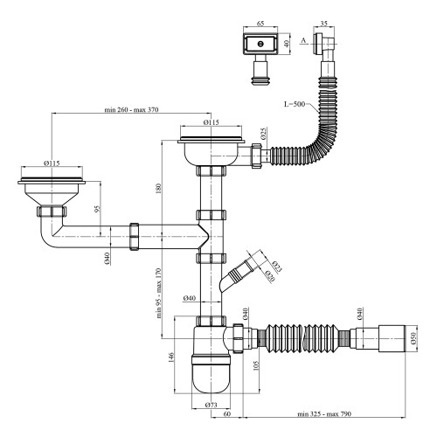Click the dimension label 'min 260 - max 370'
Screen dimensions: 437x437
click(131, 109)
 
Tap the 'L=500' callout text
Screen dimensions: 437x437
click(295, 104)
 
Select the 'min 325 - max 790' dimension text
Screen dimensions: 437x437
click(324, 413)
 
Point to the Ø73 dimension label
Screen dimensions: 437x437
click(211, 405)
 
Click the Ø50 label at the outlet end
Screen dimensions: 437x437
click(413, 339)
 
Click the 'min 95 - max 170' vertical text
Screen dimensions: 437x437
click(159, 293)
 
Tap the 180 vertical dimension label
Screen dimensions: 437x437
click(159, 188)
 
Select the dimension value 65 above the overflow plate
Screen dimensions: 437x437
click(260, 24)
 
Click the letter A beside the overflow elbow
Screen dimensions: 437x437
click(304, 40)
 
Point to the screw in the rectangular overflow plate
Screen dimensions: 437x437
click(260, 45)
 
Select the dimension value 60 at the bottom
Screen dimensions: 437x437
click(227, 413)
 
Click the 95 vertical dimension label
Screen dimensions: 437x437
click(97, 209)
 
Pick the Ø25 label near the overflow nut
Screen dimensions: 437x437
click(264, 133)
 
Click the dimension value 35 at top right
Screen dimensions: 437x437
click(324, 24)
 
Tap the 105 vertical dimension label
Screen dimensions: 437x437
click(256, 365)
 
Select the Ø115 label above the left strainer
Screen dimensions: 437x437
click(52, 163)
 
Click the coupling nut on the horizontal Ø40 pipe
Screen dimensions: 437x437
click(134, 237)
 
